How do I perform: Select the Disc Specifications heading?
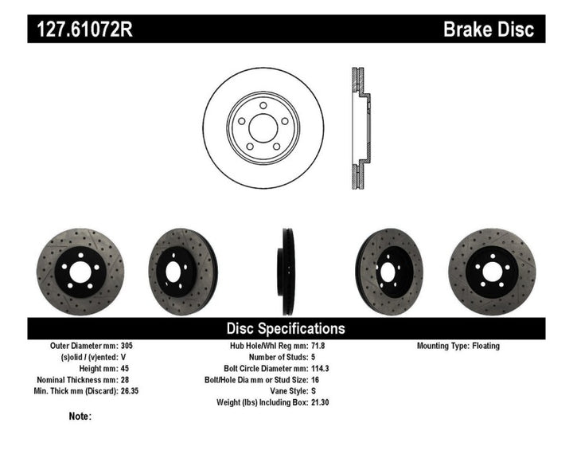[286, 328]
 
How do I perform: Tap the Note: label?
[80, 416]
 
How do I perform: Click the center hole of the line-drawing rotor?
[263, 127]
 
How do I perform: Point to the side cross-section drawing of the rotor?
[359, 127]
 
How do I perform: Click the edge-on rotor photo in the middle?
[286, 272]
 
